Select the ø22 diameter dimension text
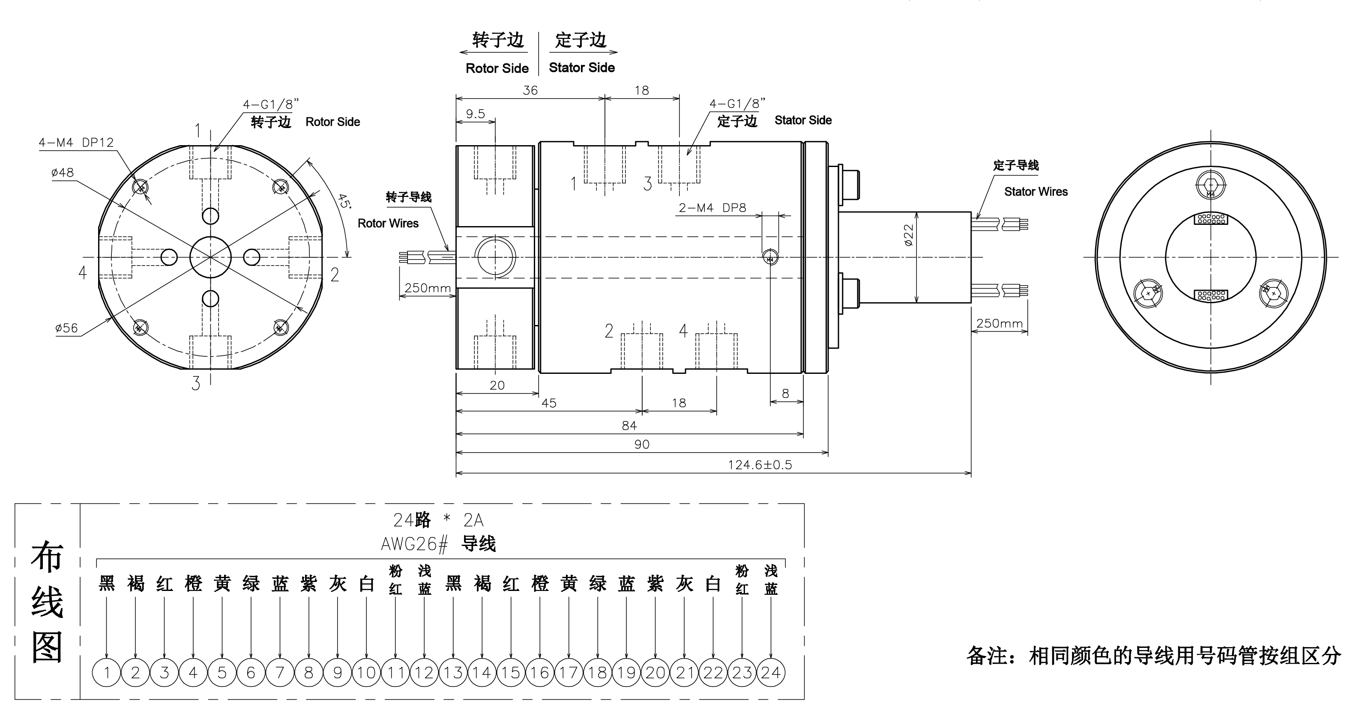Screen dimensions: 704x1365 click(909, 235)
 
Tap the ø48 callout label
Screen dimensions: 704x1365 click(63, 172)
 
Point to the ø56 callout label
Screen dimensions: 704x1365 click(66, 328)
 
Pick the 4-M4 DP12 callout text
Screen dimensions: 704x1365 click(76, 142)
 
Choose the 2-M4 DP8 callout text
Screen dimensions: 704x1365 click(712, 208)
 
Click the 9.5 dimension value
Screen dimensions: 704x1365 click(475, 113)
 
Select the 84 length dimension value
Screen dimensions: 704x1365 click(629, 425)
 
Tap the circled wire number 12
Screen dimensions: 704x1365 click(424, 673)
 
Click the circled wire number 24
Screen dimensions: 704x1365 click(770, 673)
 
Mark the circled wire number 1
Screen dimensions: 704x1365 click(107, 673)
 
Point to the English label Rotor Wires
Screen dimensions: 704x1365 click(388, 223)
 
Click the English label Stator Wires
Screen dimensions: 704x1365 click(1036, 191)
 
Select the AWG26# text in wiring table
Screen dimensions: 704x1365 click(414, 543)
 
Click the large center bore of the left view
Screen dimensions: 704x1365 click(210, 257)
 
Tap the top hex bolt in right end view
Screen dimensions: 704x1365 click(1210, 185)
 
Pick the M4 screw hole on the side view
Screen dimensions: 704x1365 click(770, 258)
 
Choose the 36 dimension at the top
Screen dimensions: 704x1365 click(530, 90)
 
